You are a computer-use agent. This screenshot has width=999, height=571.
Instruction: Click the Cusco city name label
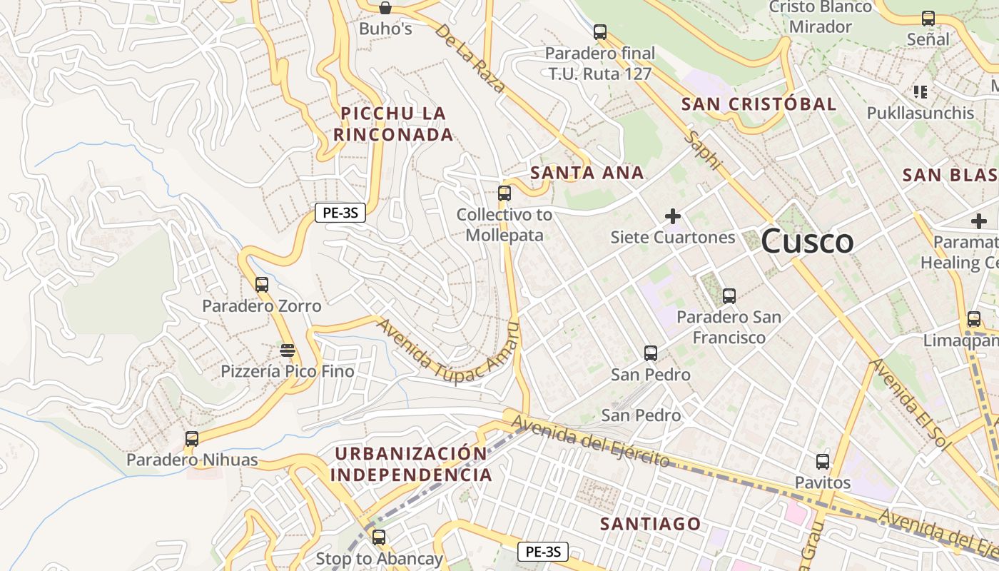(x=806, y=241)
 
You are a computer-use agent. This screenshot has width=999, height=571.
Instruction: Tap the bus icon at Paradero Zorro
(x=262, y=285)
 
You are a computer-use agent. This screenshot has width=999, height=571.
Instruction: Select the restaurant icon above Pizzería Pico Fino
(x=288, y=350)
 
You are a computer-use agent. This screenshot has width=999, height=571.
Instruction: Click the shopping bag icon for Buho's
(x=385, y=9)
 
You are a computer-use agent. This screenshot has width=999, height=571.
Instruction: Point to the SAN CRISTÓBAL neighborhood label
(x=759, y=104)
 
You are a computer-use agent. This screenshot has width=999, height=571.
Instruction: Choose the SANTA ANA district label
(x=587, y=173)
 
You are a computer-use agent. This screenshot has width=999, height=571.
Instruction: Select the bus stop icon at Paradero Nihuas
(x=191, y=439)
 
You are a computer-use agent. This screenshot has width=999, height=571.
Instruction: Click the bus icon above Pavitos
(x=823, y=462)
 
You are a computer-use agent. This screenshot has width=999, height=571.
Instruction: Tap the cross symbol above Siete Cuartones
(x=672, y=216)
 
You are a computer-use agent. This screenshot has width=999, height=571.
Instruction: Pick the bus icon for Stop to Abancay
(x=379, y=537)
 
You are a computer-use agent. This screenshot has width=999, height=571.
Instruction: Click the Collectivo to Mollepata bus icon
(x=504, y=193)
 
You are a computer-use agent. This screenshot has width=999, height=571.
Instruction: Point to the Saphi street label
(x=703, y=150)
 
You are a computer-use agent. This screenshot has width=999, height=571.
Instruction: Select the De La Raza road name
(x=470, y=59)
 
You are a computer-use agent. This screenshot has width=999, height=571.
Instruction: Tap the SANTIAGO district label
(x=650, y=524)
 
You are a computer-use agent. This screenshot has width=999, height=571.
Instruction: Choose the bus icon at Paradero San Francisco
(x=729, y=295)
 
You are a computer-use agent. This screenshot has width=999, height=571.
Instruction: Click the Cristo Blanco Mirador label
(x=821, y=17)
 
